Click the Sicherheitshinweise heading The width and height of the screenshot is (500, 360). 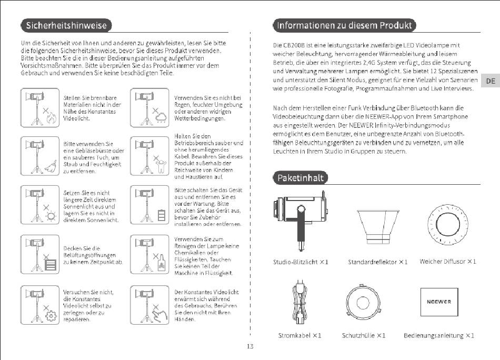coord(66,25)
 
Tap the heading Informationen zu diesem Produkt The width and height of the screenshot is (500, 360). coord(344,25)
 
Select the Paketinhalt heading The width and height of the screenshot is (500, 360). coord(301,178)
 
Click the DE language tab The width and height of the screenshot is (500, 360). coord(491,81)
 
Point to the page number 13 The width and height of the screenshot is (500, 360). coord(250,346)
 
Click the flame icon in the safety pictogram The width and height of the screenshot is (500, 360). coord(51,118)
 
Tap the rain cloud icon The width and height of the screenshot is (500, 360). coord(161,118)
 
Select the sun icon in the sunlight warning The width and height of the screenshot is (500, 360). coord(51,216)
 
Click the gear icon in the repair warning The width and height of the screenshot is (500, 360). coord(51,316)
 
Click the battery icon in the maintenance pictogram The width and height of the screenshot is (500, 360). coord(162,215)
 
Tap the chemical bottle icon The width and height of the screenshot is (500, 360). coord(162,263)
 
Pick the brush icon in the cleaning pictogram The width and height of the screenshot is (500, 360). coord(51,166)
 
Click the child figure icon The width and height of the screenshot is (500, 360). coord(161,166)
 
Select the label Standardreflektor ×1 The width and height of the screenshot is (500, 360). coord(378,262)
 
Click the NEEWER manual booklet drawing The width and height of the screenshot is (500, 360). coord(439,302)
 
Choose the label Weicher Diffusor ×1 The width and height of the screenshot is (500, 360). coord(448,262)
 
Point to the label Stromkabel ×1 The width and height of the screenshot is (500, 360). coord(300,335)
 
